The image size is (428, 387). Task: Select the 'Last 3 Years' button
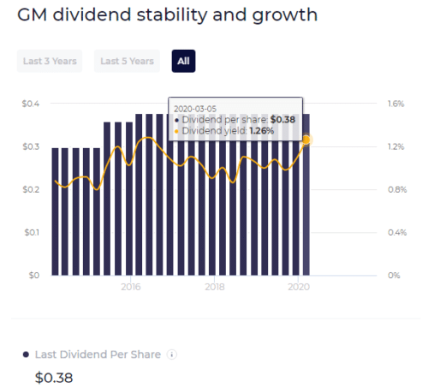coord(50,61)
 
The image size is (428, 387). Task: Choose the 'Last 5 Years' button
coord(127,61)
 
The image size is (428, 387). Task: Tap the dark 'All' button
coord(183,61)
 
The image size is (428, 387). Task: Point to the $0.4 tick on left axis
coord(31,104)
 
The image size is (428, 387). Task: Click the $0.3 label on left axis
coord(31,146)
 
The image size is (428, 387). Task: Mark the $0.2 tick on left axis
coord(31,189)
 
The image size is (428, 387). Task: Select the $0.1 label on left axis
coord(31,232)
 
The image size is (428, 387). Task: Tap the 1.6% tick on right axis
coord(395,104)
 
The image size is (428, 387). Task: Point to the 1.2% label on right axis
coord(395,146)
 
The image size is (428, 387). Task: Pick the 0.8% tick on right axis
coord(395,189)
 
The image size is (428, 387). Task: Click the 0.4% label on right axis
coord(395,232)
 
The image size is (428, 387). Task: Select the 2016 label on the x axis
coord(131,288)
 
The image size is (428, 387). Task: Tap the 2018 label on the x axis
coord(215,288)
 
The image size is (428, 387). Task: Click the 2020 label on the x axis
coord(299,288)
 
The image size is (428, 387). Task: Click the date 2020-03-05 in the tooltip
coord(194,109)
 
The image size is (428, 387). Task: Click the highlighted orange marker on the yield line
coord(306,140)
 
